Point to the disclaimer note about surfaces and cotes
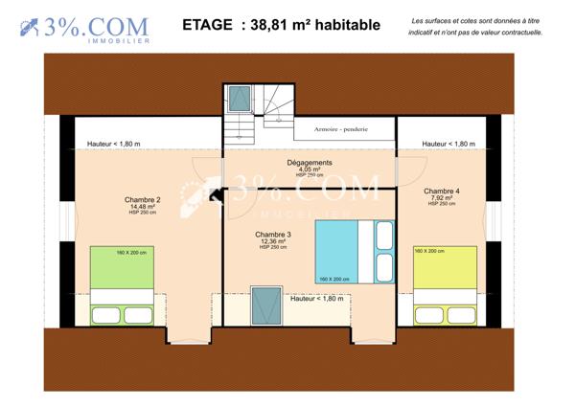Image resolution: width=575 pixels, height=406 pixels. coord(475,26)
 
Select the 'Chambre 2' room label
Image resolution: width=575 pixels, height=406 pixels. coord(143,199)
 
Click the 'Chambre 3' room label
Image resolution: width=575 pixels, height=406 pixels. coord(273,234)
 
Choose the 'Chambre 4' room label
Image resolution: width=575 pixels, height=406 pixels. coord(441,191)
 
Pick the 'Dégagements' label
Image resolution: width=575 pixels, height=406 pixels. coord(309,163)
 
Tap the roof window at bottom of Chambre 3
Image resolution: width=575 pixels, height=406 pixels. coord(262,308)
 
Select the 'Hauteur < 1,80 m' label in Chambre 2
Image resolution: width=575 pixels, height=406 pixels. coord(113,144)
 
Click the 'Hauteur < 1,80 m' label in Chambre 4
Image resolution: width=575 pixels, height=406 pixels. coord(448,144)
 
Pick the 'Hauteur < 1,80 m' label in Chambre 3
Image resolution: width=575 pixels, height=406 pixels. coord(316,299)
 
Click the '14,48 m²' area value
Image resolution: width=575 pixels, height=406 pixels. coord(143,206)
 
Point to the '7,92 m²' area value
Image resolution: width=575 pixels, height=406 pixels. coord(441,197)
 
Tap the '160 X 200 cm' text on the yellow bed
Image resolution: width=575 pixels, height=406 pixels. coord(427,251)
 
